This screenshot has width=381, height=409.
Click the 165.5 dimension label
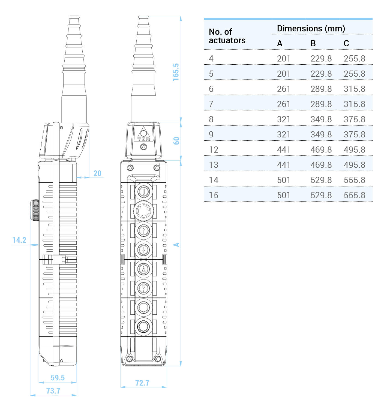pos(176,72)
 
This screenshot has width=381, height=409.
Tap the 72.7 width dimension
pos(142,383)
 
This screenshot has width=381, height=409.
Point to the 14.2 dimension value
pos(19,240)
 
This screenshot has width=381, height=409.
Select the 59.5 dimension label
pos(58,377)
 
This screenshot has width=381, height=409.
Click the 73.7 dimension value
pos(53,390)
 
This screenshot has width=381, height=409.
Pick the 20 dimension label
pos(97,173)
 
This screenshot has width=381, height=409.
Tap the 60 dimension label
pos(176,141)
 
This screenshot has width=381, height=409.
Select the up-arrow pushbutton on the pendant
pos(144,230)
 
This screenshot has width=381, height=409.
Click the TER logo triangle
pos(144,134)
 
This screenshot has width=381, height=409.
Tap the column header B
pos(313,43)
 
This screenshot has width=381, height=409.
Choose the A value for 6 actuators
pos(284,89)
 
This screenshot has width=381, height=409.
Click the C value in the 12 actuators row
pos(354,150)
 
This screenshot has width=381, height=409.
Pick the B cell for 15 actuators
pos(321,195)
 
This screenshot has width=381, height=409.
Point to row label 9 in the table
pos(211,134)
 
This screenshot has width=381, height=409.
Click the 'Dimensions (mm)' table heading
pos(311,28)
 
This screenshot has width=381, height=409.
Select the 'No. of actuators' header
pos(227,36)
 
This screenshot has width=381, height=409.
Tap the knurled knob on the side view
pos(35,210)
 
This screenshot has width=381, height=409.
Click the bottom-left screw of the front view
pos(129,359)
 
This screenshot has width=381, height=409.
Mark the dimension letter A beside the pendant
pos(176,245)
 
